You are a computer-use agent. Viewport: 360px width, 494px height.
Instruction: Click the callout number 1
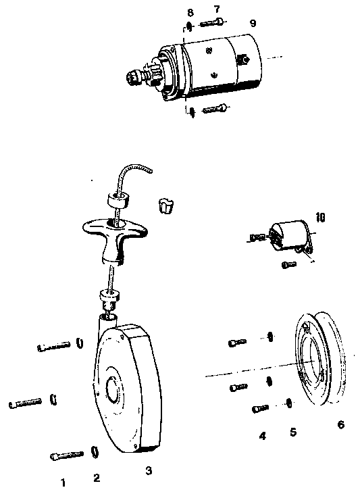tap(63, 483)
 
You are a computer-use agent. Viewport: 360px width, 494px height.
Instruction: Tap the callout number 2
tap(97, 478)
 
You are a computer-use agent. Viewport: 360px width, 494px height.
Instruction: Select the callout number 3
tap(149, 470)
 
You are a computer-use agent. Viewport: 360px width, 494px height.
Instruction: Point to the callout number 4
tap(262, 436)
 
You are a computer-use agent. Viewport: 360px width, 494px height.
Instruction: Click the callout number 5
tap(293, 432)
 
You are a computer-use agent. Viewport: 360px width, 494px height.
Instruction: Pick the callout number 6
tap(341, 424)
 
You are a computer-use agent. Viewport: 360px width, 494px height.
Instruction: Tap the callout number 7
tap(217, 9)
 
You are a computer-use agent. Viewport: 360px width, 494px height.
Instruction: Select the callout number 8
tap(190, 13)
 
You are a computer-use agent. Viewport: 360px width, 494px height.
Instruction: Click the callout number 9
tap(253, 23)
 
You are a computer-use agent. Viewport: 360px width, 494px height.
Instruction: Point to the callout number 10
tap(320, 218)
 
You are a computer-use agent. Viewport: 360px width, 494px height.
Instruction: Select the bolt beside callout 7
tap(211, 23)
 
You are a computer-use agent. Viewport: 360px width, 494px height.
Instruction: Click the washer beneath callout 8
tap(189, 26)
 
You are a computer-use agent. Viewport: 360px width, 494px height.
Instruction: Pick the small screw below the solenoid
tap(289, 265)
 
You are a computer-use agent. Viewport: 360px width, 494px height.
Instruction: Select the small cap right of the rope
tap(165, 206)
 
